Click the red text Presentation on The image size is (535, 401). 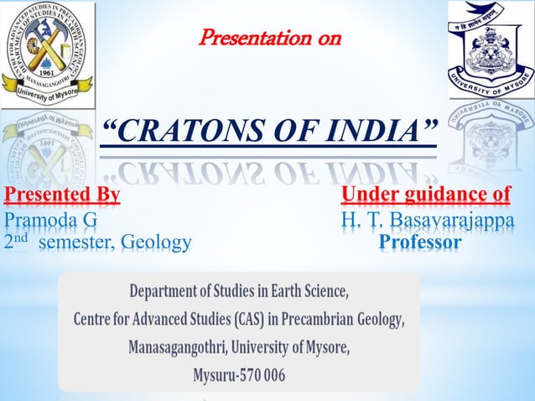pos(269,37)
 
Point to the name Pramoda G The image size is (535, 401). pos(50,220)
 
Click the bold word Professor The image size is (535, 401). pos(420,242)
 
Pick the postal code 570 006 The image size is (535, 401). pos(262,374)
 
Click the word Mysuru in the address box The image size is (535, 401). pos(214,374)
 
